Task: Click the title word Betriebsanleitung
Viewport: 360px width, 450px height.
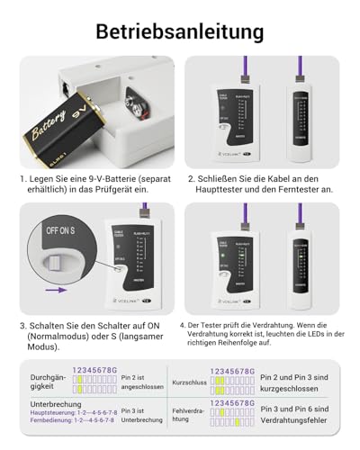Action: [x=180, y=31]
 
